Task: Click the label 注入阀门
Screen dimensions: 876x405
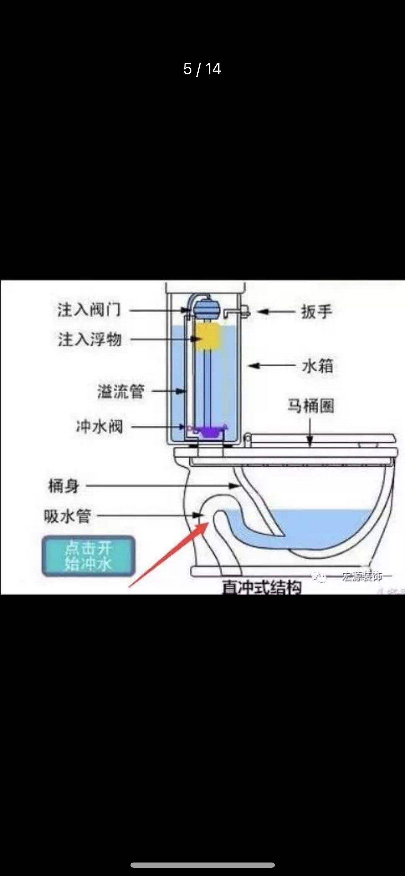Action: tap(89, 310)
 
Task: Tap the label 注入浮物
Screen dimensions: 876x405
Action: tap(90, 339)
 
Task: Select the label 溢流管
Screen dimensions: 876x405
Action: tap(120, 392)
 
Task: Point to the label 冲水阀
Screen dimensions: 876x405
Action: tap(100, 427)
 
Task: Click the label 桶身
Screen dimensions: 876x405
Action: tap(64, 486)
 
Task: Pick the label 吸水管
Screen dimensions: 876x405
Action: tap(67, 516)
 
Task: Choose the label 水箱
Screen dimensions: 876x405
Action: tap(318, 366)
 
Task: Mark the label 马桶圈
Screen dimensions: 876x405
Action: tap(310, 406)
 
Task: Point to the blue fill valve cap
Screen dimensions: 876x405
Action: tap(204, 306)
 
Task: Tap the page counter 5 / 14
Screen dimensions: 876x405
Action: tap(202, 69)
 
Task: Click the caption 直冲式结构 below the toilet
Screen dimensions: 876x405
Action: tap(261, 587)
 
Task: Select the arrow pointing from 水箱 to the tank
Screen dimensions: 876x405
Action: tap(272, 365)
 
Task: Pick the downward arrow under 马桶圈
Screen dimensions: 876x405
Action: tap(310, 433)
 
